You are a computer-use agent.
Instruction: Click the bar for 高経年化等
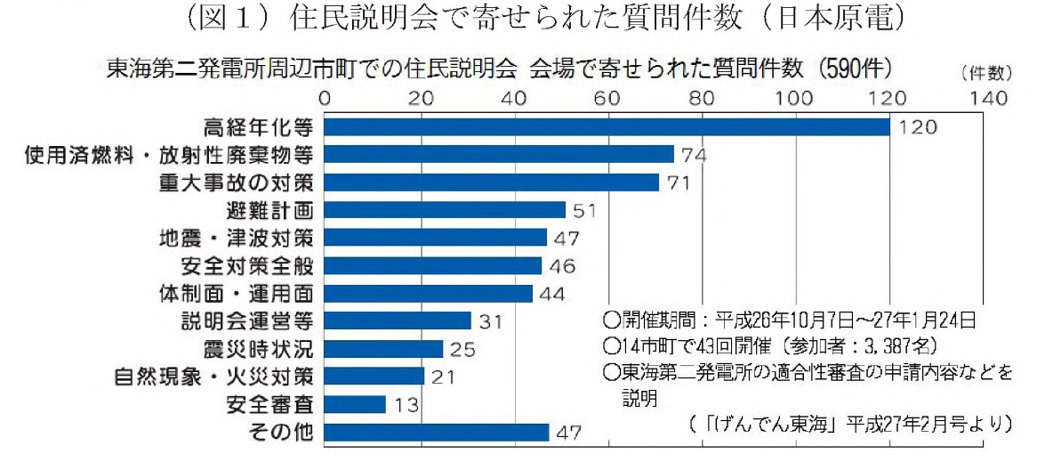pyautogui.click(x=607, y=127)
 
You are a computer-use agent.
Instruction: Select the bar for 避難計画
pyautogui.click(x=445, y=210)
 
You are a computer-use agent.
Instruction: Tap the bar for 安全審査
pyautogui.click(x=355, y=404)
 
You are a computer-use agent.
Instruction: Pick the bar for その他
pyautogui.click(x=437, y=433)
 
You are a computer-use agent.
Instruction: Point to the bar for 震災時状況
pyautogui.click(x=383, y=348)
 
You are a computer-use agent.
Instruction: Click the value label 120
pyautogui.click(x=918, y=127)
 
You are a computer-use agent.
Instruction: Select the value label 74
pyautogui.click(x=694, y=155)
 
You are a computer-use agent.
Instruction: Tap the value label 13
pyautogui.click(x=407, y=405)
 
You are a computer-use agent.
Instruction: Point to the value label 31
pyautogui.click(x=493, y=320)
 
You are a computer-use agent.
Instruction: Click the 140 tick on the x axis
pyautogui.click(x=985, y=96)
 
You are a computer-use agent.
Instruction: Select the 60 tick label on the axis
pyautogui.click(x=608, y=96)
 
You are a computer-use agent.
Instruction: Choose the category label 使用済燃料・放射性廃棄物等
pyautogui.click(x=168, y=155)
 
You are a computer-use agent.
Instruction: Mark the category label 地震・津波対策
pyautogui.click(x=236, y=238)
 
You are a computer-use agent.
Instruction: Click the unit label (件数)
pyautogui.click(x=985, y=70)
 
